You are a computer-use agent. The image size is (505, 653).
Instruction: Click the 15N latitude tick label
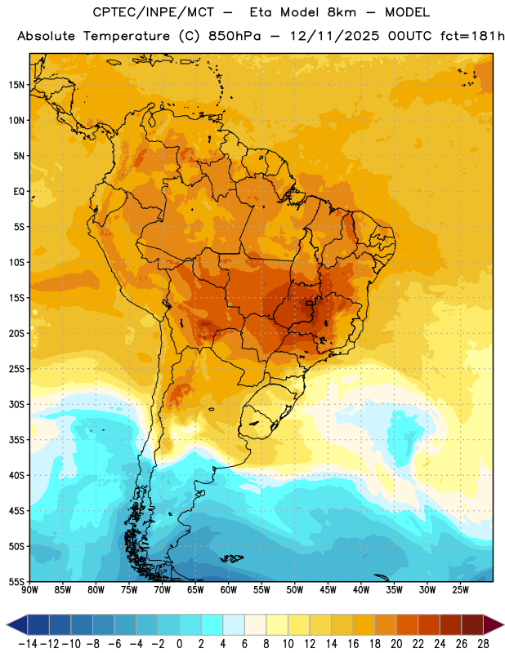click(16, 85)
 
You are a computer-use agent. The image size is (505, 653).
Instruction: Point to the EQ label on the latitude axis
click(19, 192)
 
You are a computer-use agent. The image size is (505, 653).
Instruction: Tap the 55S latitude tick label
click(16, 581)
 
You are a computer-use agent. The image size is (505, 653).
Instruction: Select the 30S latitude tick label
click(16, 404)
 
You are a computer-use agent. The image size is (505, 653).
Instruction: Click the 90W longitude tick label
click(29, 589)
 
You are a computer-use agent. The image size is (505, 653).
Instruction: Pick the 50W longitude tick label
click(295, 589)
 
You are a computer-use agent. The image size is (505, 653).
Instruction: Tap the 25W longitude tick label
click(460, 589)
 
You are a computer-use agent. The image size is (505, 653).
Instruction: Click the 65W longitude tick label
click(195, 589)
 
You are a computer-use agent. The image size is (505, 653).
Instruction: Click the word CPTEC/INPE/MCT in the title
click(153, 12)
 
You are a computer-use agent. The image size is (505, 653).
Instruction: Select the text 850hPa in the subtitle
click(235, 36)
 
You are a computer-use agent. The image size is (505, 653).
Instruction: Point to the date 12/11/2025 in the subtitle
click(334, 36)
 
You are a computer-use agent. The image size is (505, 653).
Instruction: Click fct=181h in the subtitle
click(472, 36)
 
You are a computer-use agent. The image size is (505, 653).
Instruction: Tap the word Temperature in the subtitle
click(127, 36)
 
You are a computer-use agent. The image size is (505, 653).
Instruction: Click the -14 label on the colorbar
click(28, 644)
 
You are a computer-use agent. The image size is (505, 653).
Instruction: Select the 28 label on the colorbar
click(483, 644)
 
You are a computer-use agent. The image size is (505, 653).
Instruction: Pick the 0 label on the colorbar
click(179, 644)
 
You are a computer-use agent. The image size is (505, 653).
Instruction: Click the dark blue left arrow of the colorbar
click(17, 624)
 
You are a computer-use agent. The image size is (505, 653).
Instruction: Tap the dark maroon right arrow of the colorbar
click(494, 624)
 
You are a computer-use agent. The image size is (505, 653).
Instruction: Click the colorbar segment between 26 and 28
click(472, 624)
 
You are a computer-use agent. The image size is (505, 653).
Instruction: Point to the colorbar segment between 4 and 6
click(234, 624)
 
